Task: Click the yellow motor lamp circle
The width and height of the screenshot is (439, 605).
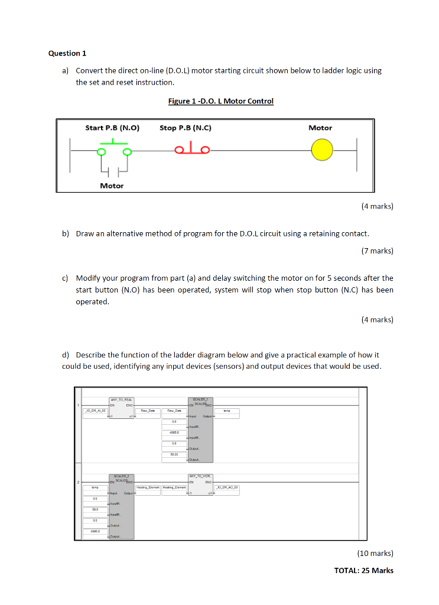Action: [x=323, y=151]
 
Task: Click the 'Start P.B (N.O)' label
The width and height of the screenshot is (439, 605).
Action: [x=112, y=128]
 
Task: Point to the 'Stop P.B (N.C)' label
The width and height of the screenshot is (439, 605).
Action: [x=185, y=128]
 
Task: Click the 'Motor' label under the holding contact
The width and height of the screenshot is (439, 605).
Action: [x=112, y=186]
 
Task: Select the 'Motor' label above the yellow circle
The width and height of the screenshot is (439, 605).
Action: [x=320, y=128]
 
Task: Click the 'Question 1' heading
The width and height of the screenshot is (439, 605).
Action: [x=67, y=53]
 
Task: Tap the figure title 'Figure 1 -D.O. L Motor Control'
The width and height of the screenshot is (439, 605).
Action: [x=220, y=101]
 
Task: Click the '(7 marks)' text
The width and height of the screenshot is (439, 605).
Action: [x=376, y=251]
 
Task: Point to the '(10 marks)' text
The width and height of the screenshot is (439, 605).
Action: [x=375, y=554]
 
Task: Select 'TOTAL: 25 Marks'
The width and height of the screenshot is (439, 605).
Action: [x=363, y=570]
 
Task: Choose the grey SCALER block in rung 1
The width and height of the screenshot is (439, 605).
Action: [x=201, y=430]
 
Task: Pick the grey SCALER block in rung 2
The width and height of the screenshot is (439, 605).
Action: [x=121, y=506]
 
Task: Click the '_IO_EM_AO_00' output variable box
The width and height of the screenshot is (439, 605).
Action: [x=227, y=487]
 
